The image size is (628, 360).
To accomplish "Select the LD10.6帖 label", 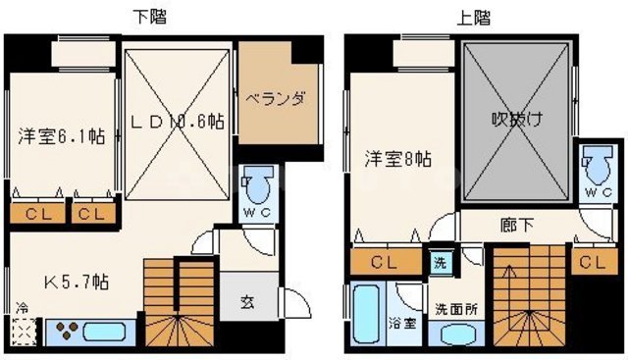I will tap(178, 122).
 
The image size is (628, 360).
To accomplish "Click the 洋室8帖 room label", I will tap(396, 158).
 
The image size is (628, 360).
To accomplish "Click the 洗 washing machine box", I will tap(440, 262).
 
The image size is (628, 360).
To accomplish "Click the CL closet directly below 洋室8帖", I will tap(385, 262).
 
